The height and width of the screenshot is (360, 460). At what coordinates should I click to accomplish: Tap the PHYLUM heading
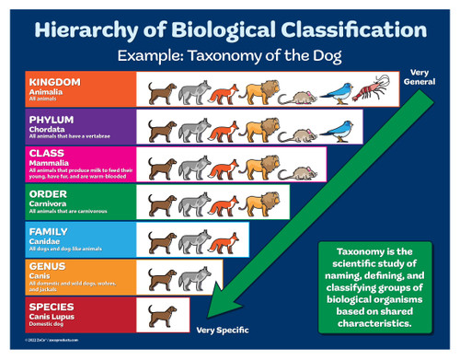51,119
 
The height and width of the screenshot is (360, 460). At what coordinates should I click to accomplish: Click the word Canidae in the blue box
48,241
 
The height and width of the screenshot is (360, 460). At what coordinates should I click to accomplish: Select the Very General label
420,77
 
